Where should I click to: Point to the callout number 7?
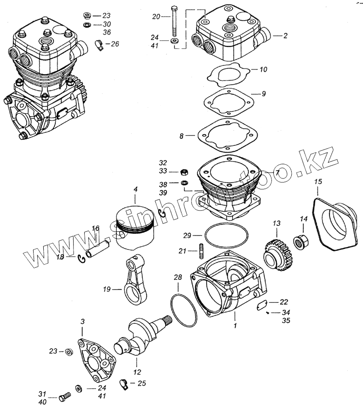point(277,172)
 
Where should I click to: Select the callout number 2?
point(285,35)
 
